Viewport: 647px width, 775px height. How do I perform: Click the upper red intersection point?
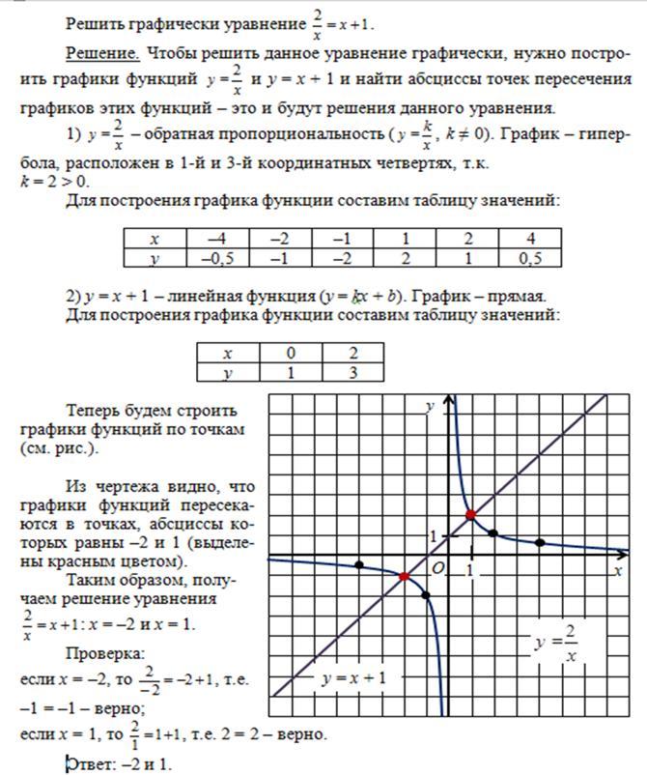pyautogui.click(x=470, y=515)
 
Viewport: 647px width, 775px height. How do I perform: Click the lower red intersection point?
pyautogui.click(x=404, y=576)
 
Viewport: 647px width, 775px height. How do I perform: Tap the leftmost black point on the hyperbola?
pyautogui.click(x=359, y=564)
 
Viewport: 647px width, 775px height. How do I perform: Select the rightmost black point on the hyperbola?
pyautogui.click(x=540, y=543)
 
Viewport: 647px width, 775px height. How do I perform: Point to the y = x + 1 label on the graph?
pyautogui.click(x=353, y=677)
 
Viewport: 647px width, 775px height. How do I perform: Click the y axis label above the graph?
pyautogui.click(x=429, y=408)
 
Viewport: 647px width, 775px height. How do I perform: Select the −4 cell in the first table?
pyautogui.click(x=217, y=239)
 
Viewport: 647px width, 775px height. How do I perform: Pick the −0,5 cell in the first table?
pyautogui.click(x=217, y=258)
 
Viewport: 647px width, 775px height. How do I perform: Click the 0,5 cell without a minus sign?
pyautogui.click(x=530, y=258)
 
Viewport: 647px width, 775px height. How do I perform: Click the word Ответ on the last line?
pyautogui.click(x=89, y=763)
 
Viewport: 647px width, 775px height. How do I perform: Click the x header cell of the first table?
pyautogui.click(x=155, y=239)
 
